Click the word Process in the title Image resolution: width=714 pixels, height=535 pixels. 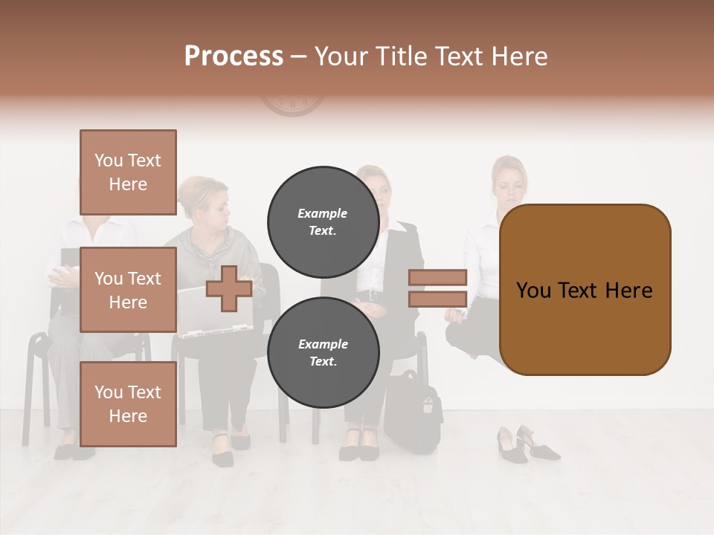pyautogui.click(x=234, y=56)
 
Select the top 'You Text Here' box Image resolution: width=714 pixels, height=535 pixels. pyautogui.click(x=128, y=172)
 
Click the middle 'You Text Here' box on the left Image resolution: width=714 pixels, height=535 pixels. pyautogui.click(x=128, y=290)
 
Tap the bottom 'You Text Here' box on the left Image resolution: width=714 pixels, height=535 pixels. pyautogui.click(x=128, y=403)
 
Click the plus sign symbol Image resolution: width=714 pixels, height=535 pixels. pyautogui.click(x=229, y=288)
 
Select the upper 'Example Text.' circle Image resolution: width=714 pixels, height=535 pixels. pyautogui.click(x=323, y=221)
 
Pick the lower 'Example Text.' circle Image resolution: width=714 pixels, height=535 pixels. pyautogui.click(x=323, y=352)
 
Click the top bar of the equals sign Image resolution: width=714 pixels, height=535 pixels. pyautogui.click(x=437, y=277)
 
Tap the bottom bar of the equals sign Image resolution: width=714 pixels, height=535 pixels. pyautogui.click(x=437, y=299)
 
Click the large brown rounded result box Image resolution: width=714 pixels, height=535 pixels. pyautogui.click(x=585, y=290)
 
